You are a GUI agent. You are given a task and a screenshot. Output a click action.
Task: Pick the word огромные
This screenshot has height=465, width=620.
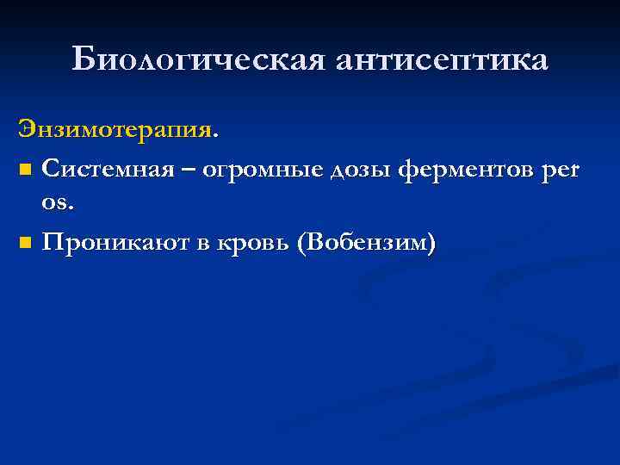click(x=271, y=172)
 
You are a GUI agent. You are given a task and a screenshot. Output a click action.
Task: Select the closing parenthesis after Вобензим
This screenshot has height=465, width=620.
click(x=431, y=244)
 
